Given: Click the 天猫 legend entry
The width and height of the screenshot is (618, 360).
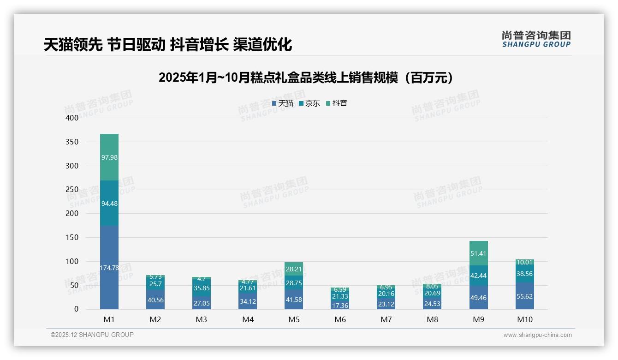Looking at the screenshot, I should pyautogui.click(x=283, y=103).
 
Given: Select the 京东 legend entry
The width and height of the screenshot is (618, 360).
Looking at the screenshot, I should pyautogui.click(x=309, y=103).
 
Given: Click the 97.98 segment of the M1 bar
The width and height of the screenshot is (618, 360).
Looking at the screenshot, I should pyautogui.click(x=109, y=157).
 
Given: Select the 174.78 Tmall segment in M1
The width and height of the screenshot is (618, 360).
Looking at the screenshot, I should pyautogui.click(x=109, y=267).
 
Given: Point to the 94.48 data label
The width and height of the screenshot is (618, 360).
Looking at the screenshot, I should pyautogui.click(x=109, y=204).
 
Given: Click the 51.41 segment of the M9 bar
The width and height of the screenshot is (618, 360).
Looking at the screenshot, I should pyautogui.click(x=479, y=253).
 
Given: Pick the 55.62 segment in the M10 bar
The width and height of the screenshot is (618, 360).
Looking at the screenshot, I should pyautogui.click(x=525, y=296).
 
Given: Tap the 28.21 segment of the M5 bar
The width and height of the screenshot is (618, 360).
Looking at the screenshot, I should pyautogui.click(x=294, y=269).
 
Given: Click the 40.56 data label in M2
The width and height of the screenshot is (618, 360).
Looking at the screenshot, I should pyautogui.click(x=155, y=300).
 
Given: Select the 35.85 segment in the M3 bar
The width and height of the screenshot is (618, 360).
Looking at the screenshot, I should pyautogui.click(x=202, y=288).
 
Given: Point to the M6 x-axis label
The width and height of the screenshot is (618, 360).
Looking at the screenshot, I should pyautogui.click(x=340, y=319).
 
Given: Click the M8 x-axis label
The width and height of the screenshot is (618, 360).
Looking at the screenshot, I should pyautogui.click(x=432, y=319).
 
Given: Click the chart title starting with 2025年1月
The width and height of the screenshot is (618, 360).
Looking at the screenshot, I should pyautogui.click(x=306, y=78).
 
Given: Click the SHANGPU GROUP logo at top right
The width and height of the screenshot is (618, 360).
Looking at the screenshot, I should pyautogui.click(x=536, y=39).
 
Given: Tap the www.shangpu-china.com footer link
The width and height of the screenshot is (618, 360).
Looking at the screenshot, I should pyautogui.click(x=537, y=335).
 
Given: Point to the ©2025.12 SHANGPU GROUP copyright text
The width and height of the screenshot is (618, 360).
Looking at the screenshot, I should pyautogui.click(x=92, y=335).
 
